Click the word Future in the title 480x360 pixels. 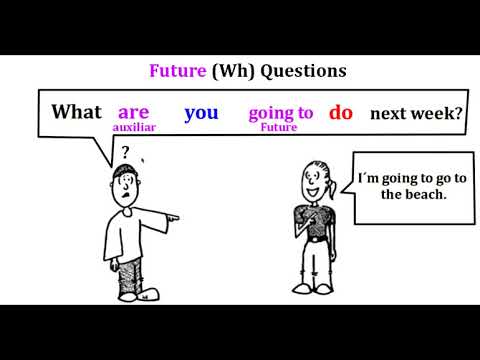[177, 71]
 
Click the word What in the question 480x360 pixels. [77, 112]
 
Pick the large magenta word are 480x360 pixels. [133, 112]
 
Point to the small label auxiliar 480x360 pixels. [134, 129]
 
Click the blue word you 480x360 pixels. [201, 112]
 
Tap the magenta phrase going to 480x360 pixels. [280, 113]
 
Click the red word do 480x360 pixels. [341, 112]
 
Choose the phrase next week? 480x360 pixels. [415, 113]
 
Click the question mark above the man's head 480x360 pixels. [125, 153]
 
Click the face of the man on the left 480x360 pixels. [124, 190]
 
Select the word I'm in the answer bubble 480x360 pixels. [370, 180]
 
